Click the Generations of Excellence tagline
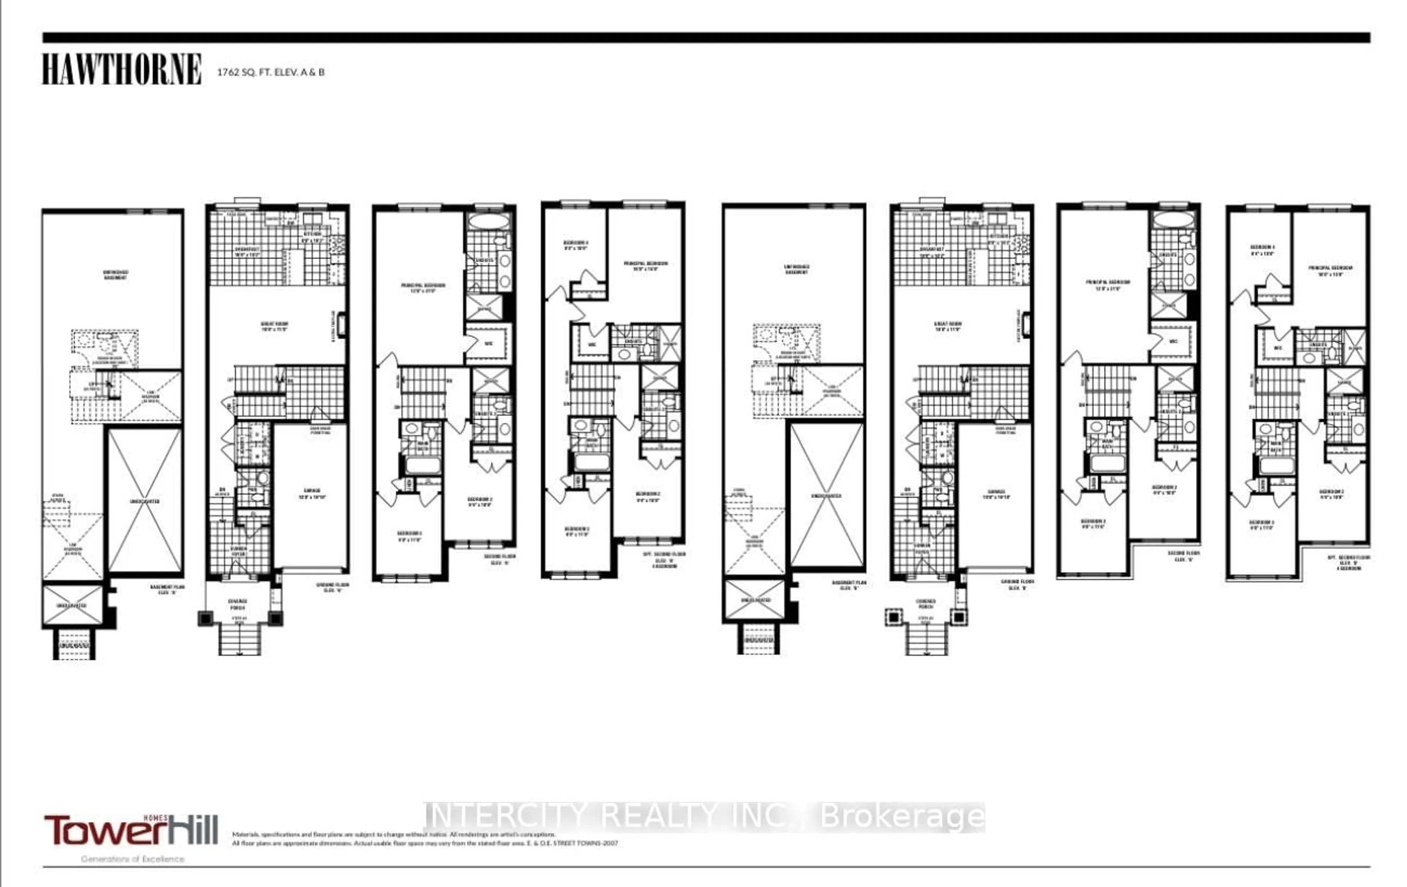coord(133,859)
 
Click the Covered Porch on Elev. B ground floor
coord(926,604)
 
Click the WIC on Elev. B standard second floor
coord(1173,341)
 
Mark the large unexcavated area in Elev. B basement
coord(826,496)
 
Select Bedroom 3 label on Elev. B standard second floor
coord(1093,523)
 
